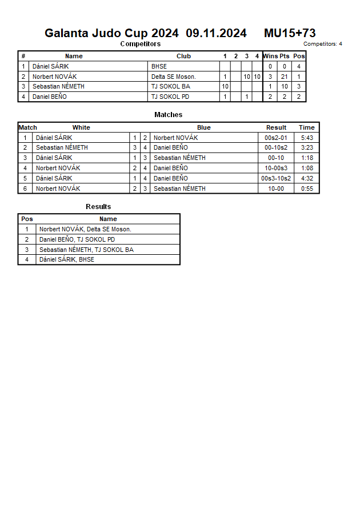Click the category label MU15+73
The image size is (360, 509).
(x=290, y=33)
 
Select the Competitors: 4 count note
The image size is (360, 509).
(x=323, y=44)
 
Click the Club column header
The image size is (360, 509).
(x=183, y=56)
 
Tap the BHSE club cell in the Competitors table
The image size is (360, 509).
(x=159, y=66)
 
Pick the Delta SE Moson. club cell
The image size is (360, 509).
(x=173, y=77)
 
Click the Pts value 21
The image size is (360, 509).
(x=284, y=77)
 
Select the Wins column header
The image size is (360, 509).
(x=270, y=56)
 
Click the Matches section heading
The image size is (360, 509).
(x=169, y=115)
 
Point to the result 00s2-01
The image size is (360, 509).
(x=276, y=138)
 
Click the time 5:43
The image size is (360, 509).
(x=307, y=138)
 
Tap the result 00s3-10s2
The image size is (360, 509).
(x=276, y=178)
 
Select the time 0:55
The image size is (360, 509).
(x=307, y=189)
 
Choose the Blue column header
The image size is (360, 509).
(x=204, y=127)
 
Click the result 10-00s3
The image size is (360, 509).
(x=276, y=168)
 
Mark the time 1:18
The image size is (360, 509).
(x=307, y=158)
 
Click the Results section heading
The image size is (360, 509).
(x=98, y=207)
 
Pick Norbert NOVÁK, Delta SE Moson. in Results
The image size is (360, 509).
(x=85, y=229)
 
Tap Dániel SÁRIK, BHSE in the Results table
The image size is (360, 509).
(x=67, y=259)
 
